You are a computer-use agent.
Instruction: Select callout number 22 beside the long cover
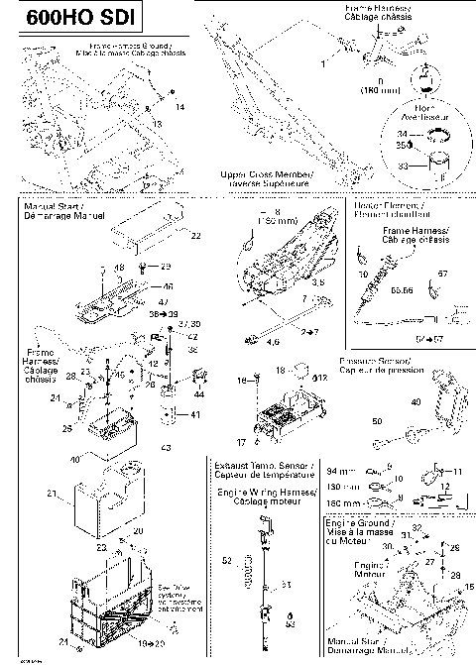[195, 236]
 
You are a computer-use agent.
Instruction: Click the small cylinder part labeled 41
[172, 414]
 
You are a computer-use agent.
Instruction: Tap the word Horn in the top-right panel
[428, 109]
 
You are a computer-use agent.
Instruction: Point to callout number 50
[378, 422]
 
